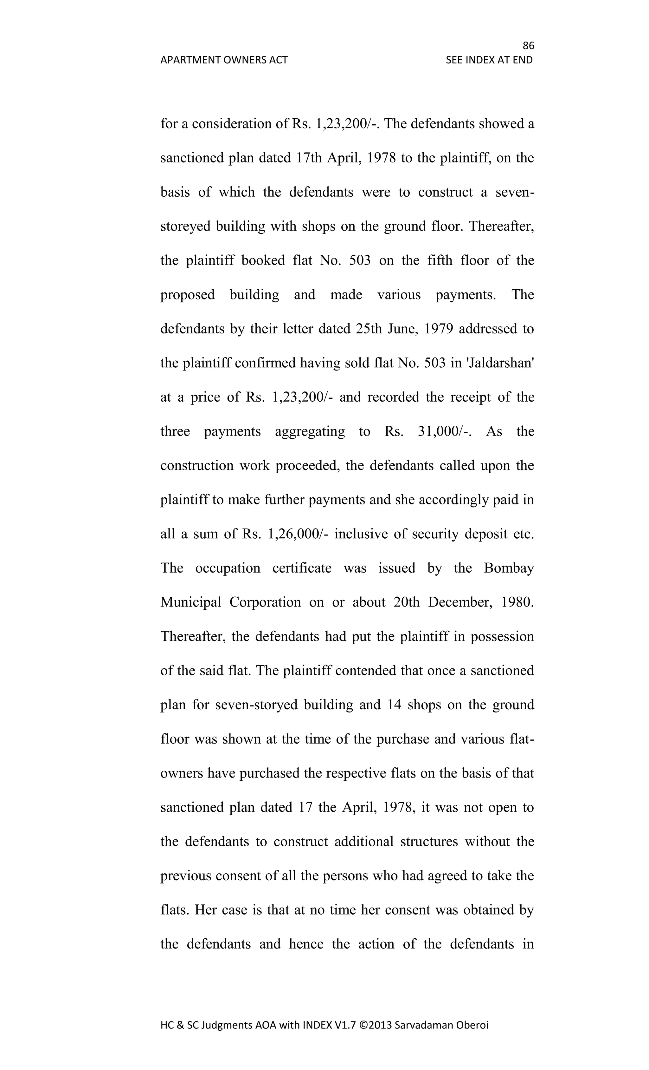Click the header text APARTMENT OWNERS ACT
[224, 60]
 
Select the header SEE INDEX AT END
[489, 60]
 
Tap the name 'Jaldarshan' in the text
[500, 363]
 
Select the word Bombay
[508, 568]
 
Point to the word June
[402, 329]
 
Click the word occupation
[227, 568]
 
